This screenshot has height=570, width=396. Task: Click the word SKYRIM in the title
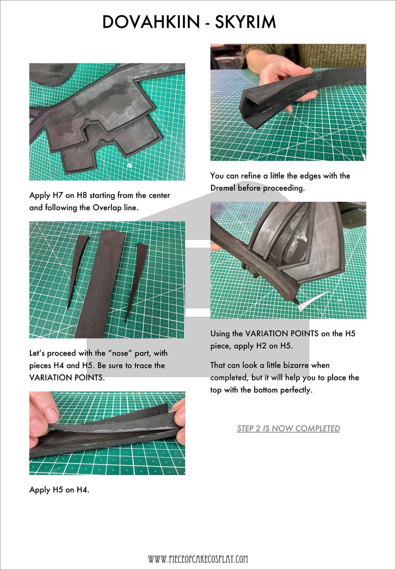tap(247, 22)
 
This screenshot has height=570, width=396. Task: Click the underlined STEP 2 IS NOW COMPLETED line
tap(288, 429)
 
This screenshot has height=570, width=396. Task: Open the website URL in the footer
tap(198, 559)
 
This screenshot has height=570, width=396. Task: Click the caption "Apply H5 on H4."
tap(59, 490)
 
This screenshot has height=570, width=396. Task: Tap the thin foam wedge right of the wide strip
tap(136, 277)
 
